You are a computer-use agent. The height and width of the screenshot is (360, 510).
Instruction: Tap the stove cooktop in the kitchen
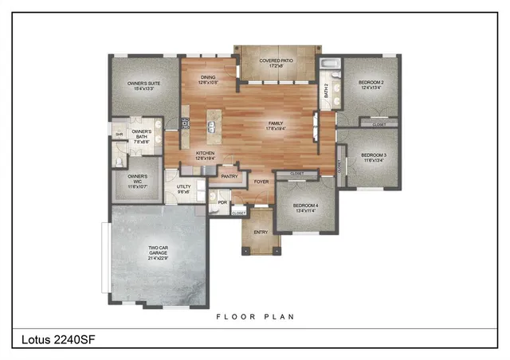point(185,123)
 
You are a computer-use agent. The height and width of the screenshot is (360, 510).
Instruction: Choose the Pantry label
point(229,176)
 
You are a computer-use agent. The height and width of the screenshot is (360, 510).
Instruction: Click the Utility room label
point(182,189)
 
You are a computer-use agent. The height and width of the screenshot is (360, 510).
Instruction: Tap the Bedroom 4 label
point(306,208)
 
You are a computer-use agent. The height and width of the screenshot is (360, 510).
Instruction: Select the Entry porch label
point(261,232)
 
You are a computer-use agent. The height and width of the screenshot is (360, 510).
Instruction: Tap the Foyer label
point(261,182)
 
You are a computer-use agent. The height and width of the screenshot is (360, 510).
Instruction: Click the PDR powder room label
point(223,202)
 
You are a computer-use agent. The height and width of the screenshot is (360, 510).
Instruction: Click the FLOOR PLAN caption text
point(255,316)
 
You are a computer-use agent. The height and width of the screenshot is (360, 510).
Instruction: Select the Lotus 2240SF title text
point(55,339)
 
